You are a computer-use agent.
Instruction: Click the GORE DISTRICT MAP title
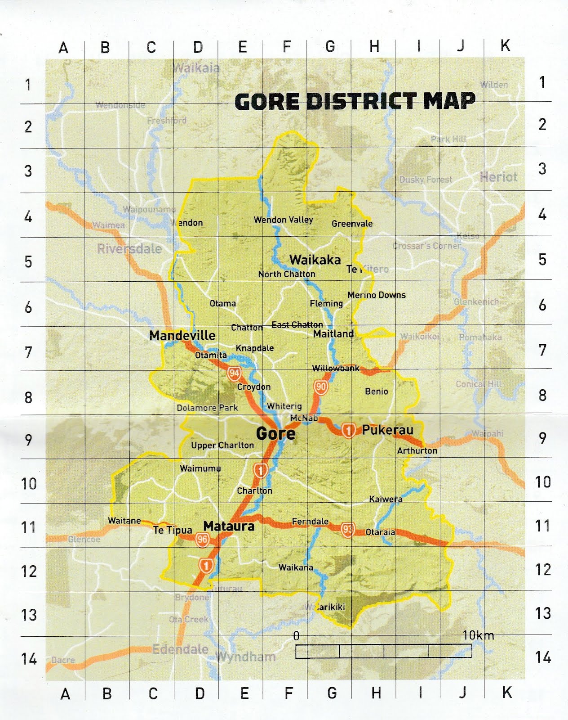(355, 101)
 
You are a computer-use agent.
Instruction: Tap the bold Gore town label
(275, 434)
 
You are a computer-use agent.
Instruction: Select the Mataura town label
(229, 526)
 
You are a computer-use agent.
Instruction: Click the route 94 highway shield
(234, 373)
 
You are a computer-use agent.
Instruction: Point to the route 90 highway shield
(320, 387)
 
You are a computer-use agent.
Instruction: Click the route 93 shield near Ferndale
(347, 530)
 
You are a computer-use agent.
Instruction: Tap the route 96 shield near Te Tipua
(202, 540)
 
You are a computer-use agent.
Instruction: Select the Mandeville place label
(182, 335)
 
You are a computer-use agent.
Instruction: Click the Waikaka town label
(315, 260)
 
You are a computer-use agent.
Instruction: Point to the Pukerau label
(387, 430)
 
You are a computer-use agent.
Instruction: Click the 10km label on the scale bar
(478, 635)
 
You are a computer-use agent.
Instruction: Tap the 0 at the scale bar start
(296, 636)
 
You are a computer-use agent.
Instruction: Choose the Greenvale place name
(352, 224)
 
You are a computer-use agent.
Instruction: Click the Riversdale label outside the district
(129, 249)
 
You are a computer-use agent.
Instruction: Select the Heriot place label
(498, 177)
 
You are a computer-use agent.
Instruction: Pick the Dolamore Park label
(207, 408)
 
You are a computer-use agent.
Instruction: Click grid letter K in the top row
(506, 45)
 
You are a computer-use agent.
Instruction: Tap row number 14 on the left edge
(29, 659)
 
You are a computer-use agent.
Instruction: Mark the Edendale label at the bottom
(180, 649)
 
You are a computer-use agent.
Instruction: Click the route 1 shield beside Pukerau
(348, 431)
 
